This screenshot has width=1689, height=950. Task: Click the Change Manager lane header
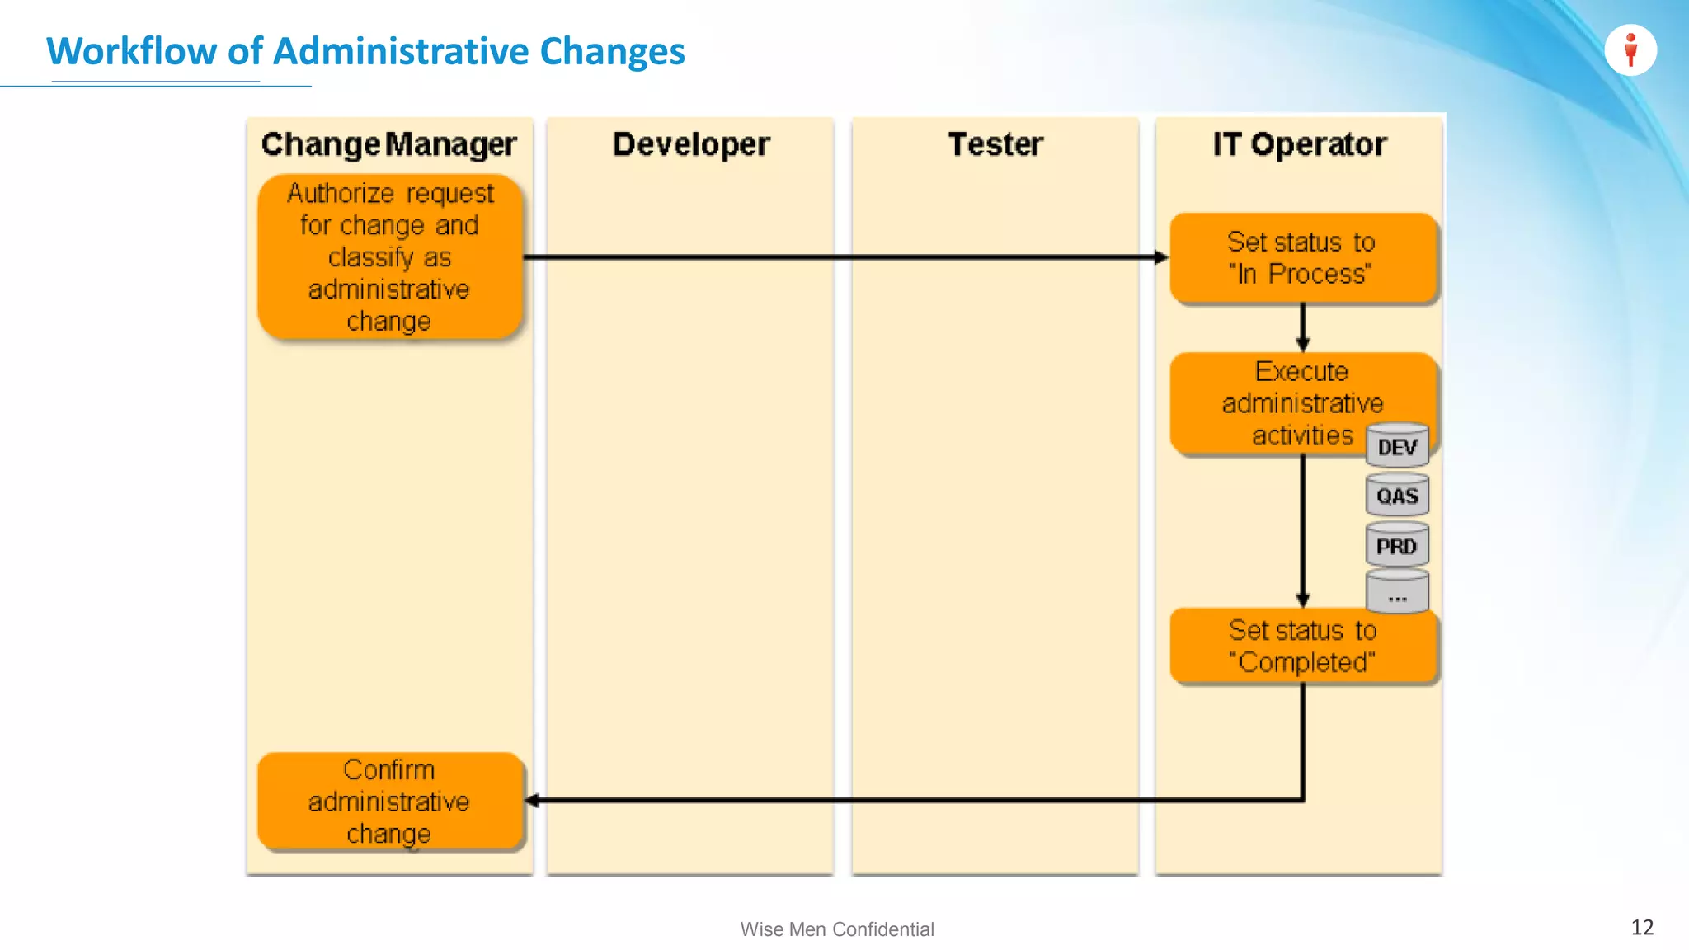(388, 144)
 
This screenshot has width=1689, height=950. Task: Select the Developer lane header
(691, 144)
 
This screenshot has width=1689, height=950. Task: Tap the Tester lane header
(995, 144)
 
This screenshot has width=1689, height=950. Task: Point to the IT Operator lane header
(1299, 144)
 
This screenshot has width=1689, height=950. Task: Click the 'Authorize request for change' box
(390, 256)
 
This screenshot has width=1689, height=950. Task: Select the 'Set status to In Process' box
(1301, 258)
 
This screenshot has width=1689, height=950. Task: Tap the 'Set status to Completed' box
(1301, 646)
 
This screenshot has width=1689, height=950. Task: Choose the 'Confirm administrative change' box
(390, 801)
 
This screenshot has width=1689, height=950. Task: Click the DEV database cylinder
(1397, 446)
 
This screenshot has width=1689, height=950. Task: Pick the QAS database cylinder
(1397, 495)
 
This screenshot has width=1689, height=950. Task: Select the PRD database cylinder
(1397, 545)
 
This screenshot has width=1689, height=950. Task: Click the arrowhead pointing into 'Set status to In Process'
(1161, 257)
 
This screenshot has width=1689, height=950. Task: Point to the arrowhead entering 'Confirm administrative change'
(533, 800)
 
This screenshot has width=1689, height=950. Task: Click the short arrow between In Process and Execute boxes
(1303, 328)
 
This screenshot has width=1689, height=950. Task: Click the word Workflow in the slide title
(131, 51)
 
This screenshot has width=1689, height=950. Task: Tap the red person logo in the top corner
(1630, 50)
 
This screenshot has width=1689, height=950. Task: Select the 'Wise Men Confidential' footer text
(836, 929)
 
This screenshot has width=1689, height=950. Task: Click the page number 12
(1642, 927)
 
